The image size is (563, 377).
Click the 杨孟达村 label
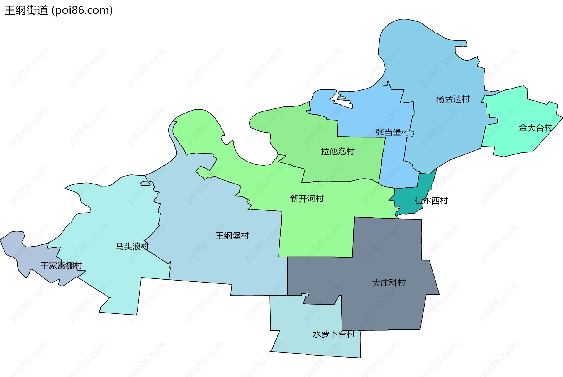[453, 99]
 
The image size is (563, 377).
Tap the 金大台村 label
[535, 128]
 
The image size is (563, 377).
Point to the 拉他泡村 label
[338, 151]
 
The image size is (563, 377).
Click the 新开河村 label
[307, 198]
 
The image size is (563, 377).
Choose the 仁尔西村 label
[431, 201]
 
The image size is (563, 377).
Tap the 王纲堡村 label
[232, 236]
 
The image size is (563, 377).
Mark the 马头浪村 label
[132, 246]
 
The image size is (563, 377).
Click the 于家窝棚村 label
[61, 266]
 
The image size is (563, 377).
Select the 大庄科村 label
[389, 283]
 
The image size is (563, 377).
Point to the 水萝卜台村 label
[334, 334]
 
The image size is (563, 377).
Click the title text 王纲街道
[26, 11]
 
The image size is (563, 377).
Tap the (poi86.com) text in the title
[82, 11]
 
